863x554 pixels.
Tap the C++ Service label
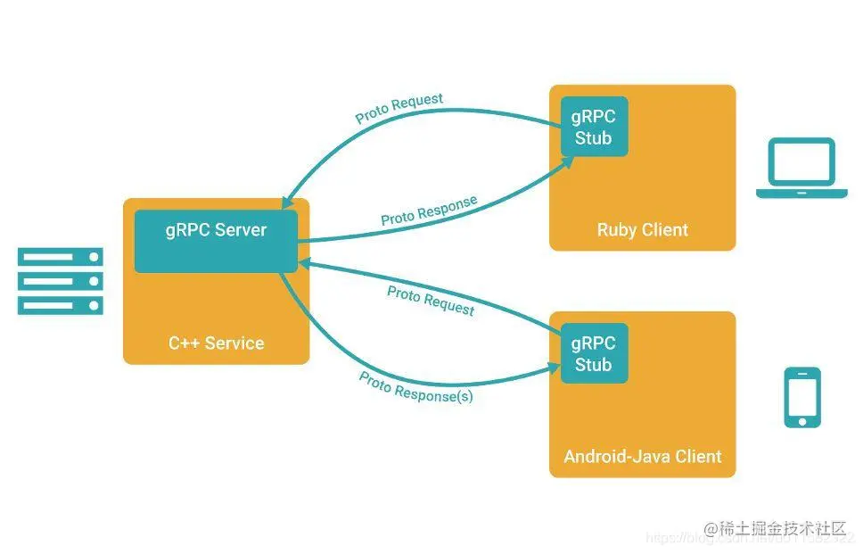[216, 343]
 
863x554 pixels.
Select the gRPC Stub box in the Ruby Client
[594, 127]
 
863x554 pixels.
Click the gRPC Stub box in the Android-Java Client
[594, 354]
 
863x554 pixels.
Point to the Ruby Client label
[642, 230]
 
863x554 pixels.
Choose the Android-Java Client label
[642, 457]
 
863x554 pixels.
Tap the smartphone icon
[802, 397]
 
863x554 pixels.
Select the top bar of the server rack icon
[61, 257]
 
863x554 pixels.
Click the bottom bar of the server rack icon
[61, 305]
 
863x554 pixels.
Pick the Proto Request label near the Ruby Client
[399, 108]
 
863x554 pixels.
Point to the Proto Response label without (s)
[429, 211]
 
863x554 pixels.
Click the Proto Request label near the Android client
[431, 300]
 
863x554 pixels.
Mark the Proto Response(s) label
[415, 388]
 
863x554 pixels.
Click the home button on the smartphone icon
[802, 419]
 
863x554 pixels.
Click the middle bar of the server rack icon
[61, 281]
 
